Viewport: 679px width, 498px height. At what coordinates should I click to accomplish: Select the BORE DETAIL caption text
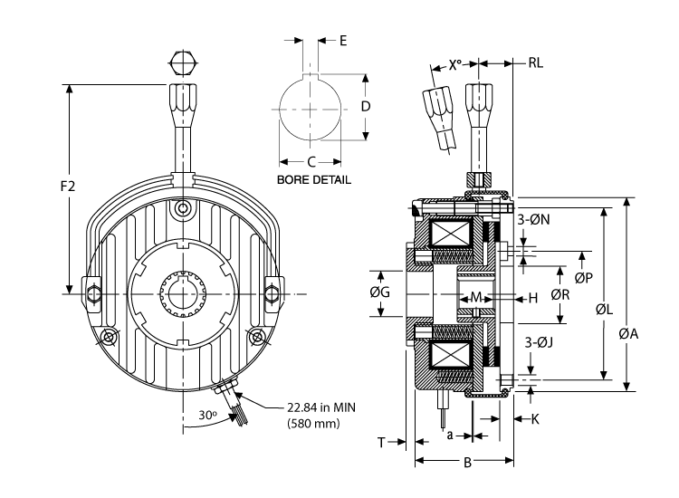[313, 180]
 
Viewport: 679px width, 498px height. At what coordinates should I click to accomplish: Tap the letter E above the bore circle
[344, 41]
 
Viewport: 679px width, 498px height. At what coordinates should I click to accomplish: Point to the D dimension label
[365, 106]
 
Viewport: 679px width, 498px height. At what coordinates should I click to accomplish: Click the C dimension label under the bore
[311, 161]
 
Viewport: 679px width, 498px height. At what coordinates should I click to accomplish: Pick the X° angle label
[459, 65]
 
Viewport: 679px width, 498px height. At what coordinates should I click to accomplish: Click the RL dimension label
[536, 64]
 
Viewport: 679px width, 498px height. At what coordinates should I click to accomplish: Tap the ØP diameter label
[584, 278]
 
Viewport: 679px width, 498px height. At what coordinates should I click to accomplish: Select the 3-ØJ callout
[539, 343]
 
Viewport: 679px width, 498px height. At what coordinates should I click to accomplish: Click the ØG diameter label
[381, 292]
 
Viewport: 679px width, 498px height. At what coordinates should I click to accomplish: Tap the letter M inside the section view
[476, 297]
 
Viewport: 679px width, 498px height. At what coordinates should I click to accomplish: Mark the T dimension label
[382, 442]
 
